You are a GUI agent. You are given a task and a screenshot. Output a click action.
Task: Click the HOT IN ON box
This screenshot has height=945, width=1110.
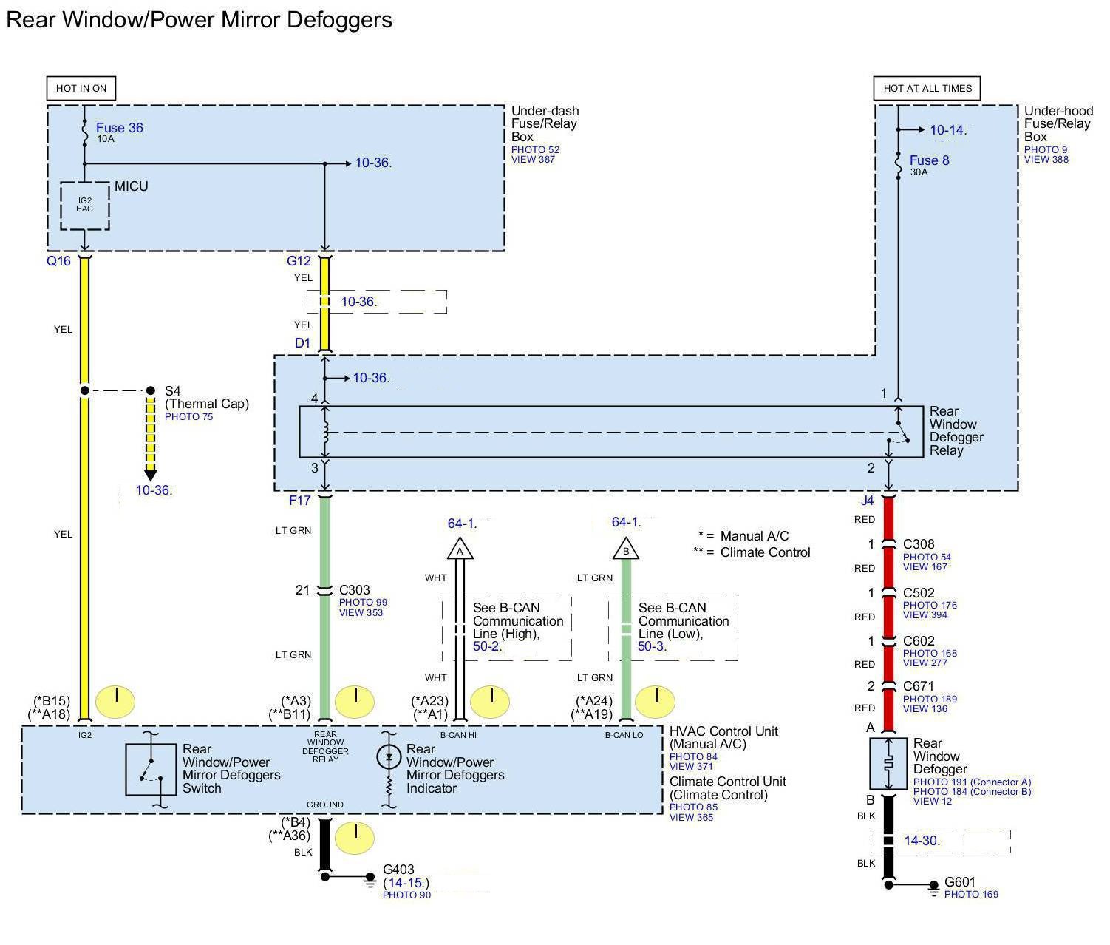[x=81, y=88]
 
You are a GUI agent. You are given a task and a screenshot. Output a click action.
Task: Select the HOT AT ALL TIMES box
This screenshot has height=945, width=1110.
[x=927, y=88]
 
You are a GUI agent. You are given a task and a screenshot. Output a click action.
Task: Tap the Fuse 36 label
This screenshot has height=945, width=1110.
[x=119, y=128]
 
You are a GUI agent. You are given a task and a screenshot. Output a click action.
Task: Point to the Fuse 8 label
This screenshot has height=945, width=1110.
[x=929, y=160]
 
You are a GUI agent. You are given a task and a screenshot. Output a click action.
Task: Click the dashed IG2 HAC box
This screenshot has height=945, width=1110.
[x=84, y=205]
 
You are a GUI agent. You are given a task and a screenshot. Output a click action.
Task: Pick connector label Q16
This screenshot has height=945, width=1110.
[x=58, y=261]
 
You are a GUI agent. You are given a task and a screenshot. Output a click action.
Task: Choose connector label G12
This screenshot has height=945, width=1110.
[x=299, y=261]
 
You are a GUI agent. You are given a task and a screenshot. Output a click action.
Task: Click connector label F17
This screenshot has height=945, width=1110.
[x=299, y=501]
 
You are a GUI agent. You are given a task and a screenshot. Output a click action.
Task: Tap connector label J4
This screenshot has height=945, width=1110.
[x=867, y=501]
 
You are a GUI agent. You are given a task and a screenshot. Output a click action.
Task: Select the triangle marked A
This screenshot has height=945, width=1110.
[x=460, y=550]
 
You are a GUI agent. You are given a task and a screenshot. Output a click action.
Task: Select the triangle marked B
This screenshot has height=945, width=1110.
[x=626, y=550]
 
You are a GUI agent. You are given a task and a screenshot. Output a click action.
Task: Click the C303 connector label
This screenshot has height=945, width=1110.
[x=354, y=590]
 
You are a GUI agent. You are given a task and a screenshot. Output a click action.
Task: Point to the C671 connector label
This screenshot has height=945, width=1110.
[x=919, y=686]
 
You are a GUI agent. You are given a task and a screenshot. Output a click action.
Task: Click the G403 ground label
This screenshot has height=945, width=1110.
[x=398, y=870]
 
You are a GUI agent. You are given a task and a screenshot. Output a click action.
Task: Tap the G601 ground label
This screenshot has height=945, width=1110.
[x=960, y=882]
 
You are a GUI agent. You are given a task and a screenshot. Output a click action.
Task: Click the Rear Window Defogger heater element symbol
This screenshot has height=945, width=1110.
[x=889, y=763]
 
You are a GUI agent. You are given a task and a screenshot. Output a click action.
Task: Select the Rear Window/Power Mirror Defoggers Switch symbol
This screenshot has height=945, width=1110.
[x=151, y=770]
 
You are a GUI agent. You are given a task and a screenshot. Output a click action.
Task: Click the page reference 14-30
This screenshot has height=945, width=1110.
[x=921, y=841]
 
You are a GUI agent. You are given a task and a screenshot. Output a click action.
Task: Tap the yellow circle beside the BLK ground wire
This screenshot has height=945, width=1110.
[x=355, y=838]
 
